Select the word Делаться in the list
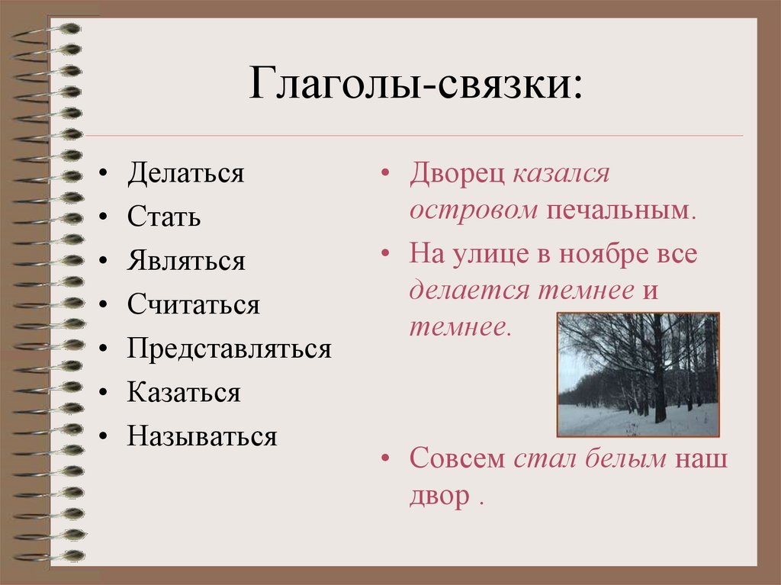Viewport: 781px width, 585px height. coord(186,173)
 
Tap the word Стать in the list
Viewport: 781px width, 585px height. coord(164,217)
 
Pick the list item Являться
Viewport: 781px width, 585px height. coord(186,262)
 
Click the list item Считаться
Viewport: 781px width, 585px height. coord(194,306)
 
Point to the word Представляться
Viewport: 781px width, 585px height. coord(229,349)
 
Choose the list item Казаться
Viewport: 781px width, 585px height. coord(184,394)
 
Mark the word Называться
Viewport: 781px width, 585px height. coord(202,437)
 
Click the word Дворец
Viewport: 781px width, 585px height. coord(456,174)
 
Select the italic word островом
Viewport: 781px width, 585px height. coord(474,210)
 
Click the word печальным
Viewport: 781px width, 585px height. coord(619,210)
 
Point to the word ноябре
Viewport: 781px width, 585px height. coord(595,253)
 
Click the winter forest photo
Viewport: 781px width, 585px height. coord(638,374)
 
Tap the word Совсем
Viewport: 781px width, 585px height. coord(457,459)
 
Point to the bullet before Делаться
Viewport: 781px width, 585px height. coord(104,175)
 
